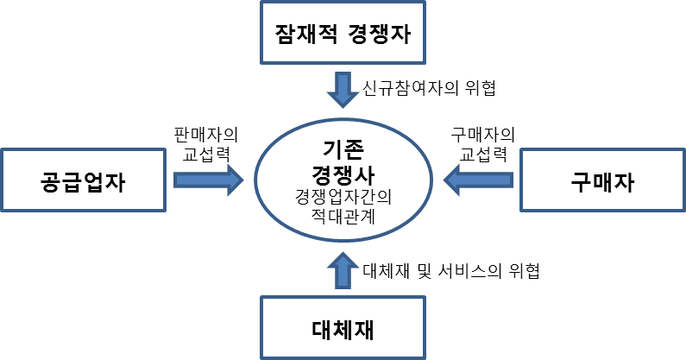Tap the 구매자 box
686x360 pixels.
602,180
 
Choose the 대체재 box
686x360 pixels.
343,327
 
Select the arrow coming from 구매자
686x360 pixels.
477,180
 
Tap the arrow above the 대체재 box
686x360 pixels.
343,268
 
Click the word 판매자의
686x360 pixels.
205,136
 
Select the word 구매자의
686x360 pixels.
482,136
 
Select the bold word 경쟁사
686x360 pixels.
343,170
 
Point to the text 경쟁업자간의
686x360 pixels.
343,195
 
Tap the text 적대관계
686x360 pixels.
343,213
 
